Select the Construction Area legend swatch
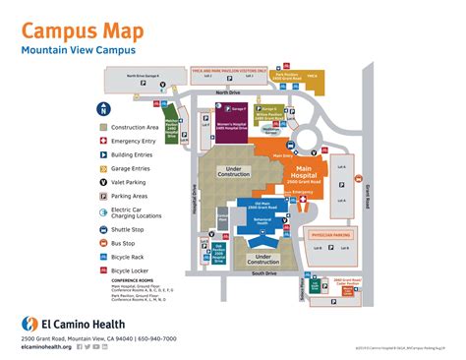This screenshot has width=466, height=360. [103, 127]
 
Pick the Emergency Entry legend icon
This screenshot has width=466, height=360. [103, 141]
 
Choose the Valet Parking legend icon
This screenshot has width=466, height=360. [103, 182]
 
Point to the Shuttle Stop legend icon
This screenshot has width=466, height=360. [103, 230]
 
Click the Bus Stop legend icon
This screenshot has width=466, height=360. [103, 244]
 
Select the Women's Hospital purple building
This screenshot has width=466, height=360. [232, 128]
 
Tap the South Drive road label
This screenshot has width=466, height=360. [263, 272]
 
